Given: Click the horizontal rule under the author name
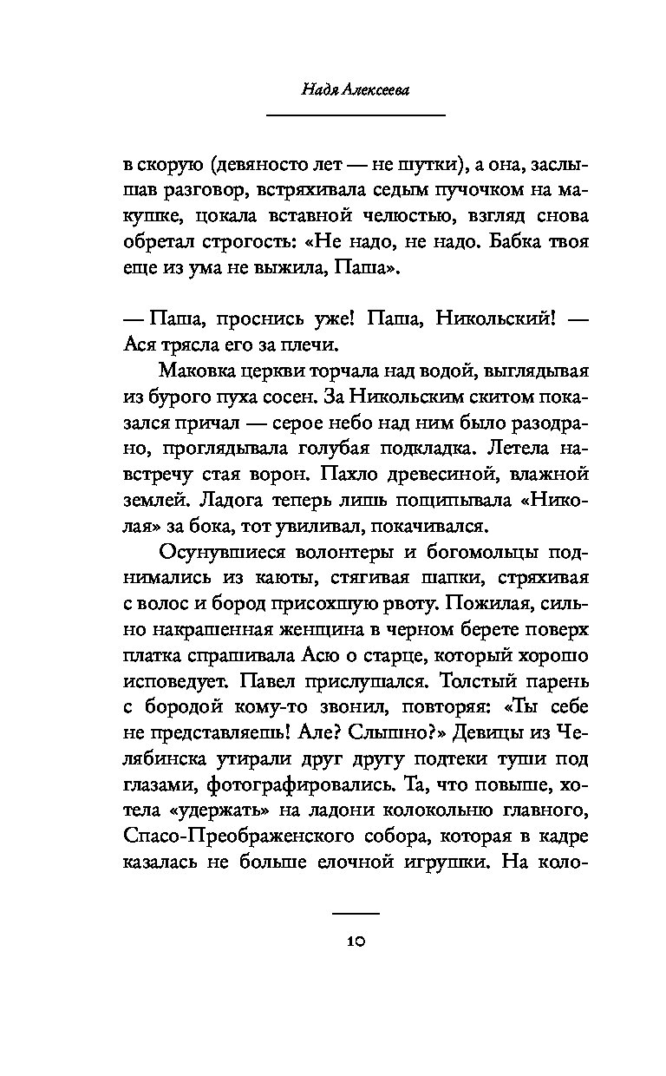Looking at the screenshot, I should click(x=356, y=115).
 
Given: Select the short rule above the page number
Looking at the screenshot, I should click(x=356, y=913).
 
